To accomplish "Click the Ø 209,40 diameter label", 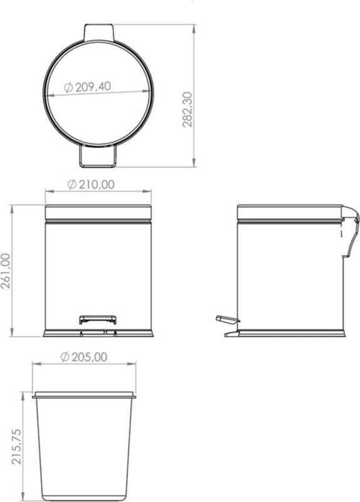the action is click(87, 87).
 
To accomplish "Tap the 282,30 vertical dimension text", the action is click(188, 110).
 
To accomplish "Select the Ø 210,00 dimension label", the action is click(91, 184).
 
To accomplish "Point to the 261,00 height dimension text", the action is click(6, 271).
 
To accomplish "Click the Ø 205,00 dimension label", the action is click(84, 357).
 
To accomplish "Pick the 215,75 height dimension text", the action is click(17, 447).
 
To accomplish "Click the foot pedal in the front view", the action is click(98, 320).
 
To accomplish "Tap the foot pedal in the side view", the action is click(228, 319).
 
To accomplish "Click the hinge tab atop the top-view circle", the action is click(98, 32).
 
